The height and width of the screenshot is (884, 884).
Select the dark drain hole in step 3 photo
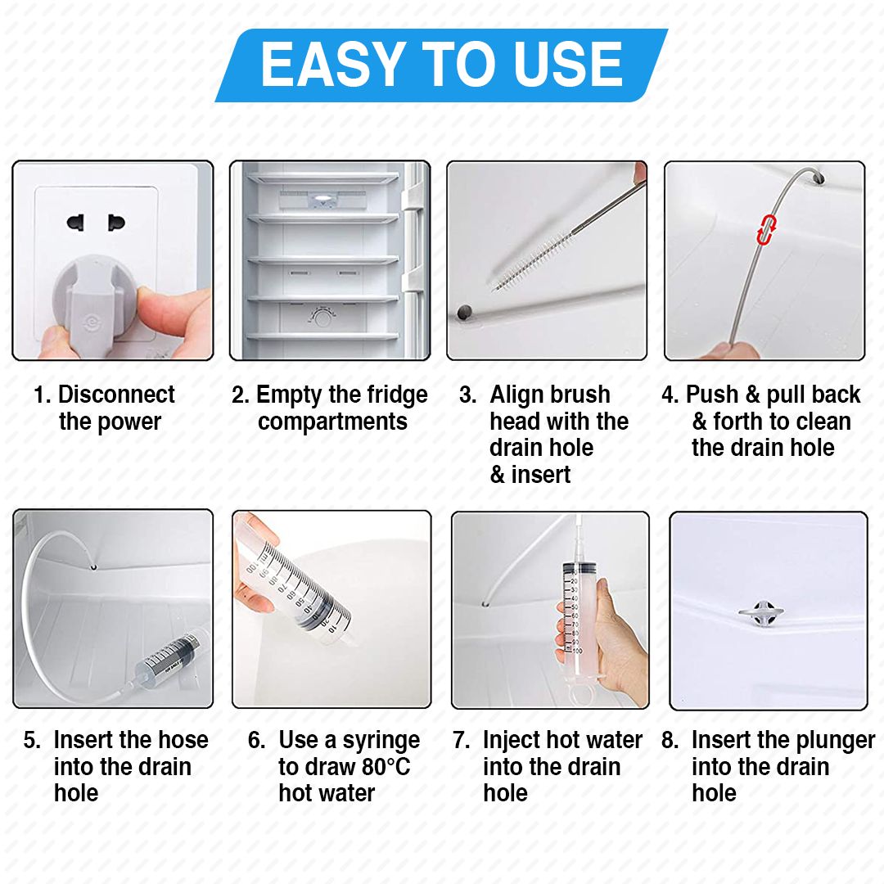point(465,312)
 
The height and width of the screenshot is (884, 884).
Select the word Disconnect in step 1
point(116,395)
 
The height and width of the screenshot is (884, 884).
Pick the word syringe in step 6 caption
point(381,741)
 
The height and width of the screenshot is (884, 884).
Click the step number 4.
point(669,395)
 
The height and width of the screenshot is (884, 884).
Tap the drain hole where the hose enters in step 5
point(96,566)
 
